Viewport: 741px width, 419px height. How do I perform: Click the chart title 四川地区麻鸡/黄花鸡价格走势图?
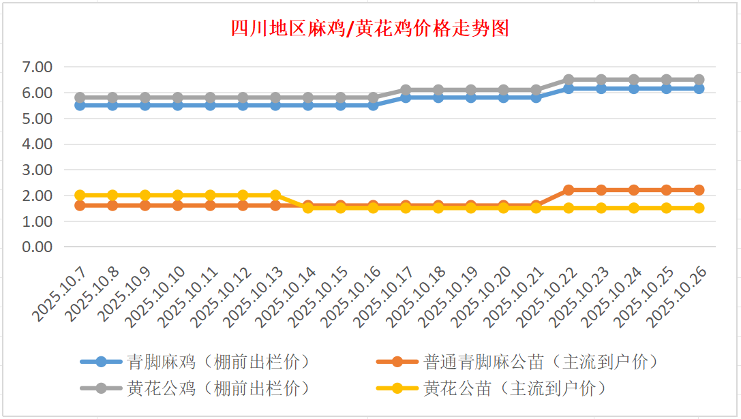[x=370, y=29]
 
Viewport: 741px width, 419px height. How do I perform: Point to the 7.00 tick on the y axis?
[x=37, y=67]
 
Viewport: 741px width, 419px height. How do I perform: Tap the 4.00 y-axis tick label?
[x=37, y=144]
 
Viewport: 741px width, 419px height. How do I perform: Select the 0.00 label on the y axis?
[x=37, y=247]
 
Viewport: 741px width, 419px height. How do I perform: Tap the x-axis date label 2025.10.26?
[x=678, y=296]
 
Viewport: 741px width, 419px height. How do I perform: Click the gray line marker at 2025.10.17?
[x=406, y=90]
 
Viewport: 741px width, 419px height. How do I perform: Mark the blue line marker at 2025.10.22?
[x=569, y=89]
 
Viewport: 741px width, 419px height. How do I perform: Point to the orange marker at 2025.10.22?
[x=569, y=190]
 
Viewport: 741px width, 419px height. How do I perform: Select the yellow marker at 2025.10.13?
[x=275, y=196]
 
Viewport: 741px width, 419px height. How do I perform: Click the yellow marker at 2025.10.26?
[x=699, y=208]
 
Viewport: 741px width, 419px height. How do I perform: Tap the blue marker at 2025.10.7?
[x=80, y=105]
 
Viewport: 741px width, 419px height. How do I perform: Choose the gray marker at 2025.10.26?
[x=699, y=80]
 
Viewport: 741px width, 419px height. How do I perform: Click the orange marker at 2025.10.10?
[x=177, y=205]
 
